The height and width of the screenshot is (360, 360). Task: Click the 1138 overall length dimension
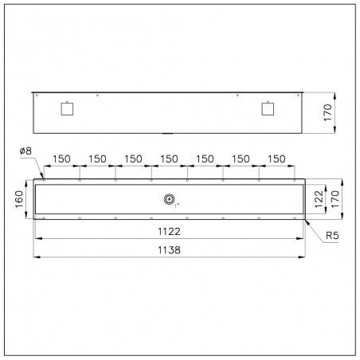point(169,250)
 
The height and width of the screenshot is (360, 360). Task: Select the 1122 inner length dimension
point(169,232)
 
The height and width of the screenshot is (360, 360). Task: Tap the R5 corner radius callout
point(332,236)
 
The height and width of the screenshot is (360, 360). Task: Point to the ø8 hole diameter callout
point(25,151)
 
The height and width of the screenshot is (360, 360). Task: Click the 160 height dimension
point(19,199)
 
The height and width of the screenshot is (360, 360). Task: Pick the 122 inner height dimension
point(319,199)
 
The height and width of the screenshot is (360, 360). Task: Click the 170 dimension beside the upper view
point(328,112)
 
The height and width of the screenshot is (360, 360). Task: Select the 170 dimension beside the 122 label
point(335,199)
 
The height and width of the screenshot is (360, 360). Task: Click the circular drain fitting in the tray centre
point(169,199)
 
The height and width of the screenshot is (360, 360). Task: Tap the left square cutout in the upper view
point(67,109)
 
